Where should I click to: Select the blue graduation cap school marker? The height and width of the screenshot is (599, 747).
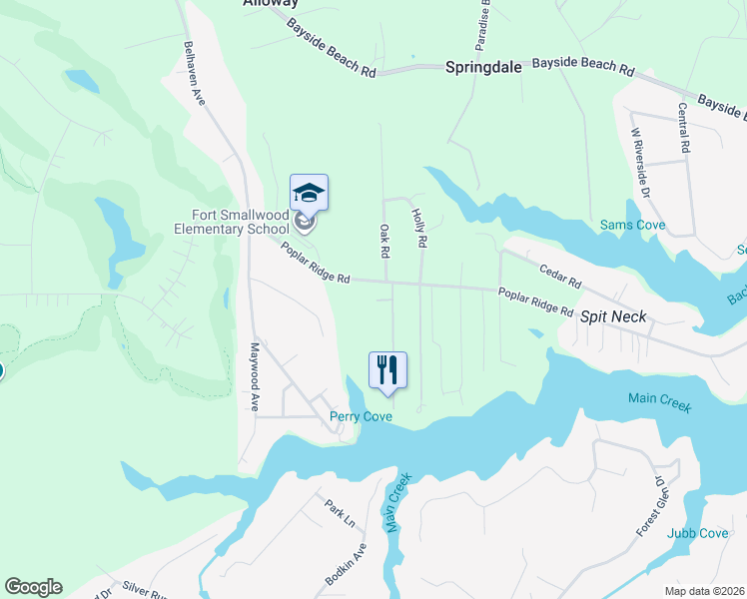pyautogui.click(x=309, y=193)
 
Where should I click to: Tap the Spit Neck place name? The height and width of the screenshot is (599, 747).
pyautogui.click(x=613, y=316)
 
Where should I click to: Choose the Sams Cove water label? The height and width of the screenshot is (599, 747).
pyautogui.click(x=632, y=226)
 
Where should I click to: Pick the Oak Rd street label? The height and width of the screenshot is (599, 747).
pyautogui.click(x=382, y=240)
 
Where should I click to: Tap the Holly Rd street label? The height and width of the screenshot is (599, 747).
pyautogui.click(x=420, y=229)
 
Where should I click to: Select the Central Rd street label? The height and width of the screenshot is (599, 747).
pyautogui.click(x=684, y=128)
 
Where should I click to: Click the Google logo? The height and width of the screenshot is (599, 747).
pyautogui.click(x=33, y=587)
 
